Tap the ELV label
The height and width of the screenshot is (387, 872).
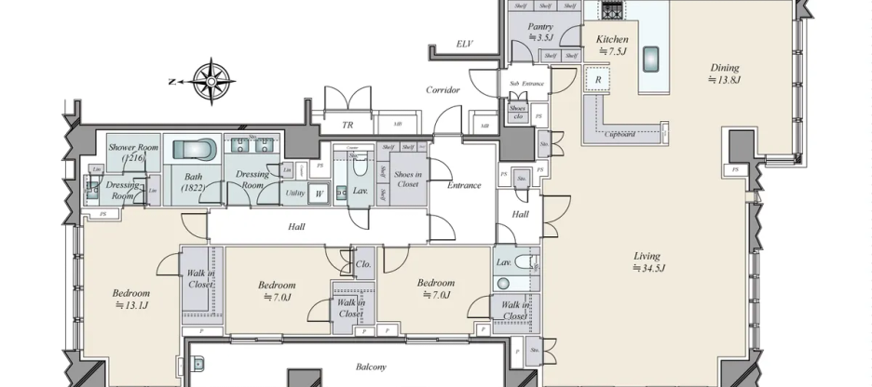(x=463, y=44)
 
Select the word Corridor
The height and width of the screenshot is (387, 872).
(x=443, y=90)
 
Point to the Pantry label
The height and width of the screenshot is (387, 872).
(x=541, y=28)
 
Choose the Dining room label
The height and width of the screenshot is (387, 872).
(x=724, y=67)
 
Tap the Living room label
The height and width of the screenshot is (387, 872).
(x=647, y=256)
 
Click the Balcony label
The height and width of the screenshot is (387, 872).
(x=371, y=367)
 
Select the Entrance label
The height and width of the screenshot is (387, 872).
(x=464, y=185)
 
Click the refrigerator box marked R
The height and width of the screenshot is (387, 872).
(x=597, y=80)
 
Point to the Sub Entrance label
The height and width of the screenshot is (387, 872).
(x=526, y=84)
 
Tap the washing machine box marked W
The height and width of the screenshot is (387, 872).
(x=320, y=193)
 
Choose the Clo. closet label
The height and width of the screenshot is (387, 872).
(x=363, y=263)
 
